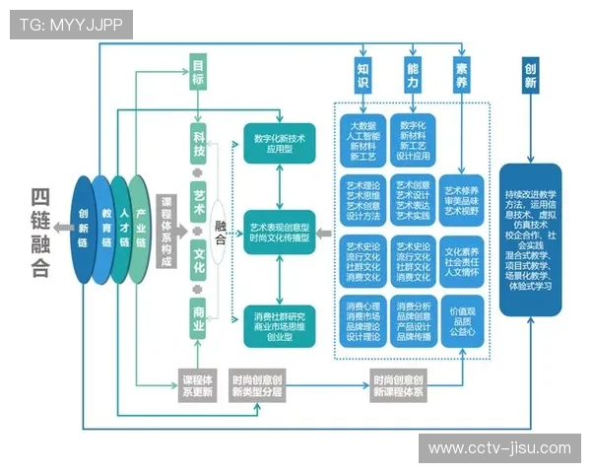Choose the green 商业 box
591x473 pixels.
pos(199,317)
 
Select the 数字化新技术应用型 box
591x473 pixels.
pos(279,145)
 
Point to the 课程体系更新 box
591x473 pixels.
pos(197,385)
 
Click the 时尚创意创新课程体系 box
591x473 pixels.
pos(398,385)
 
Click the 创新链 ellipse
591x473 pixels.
pos(83,230)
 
